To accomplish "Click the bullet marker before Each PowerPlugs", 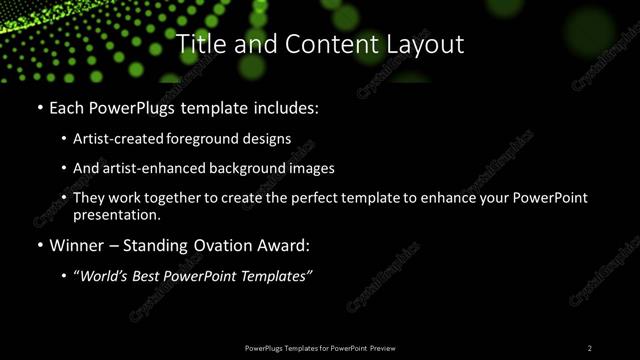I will (39, 106).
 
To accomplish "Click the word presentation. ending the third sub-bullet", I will (116, 214).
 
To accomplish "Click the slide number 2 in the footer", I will (590, 348).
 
